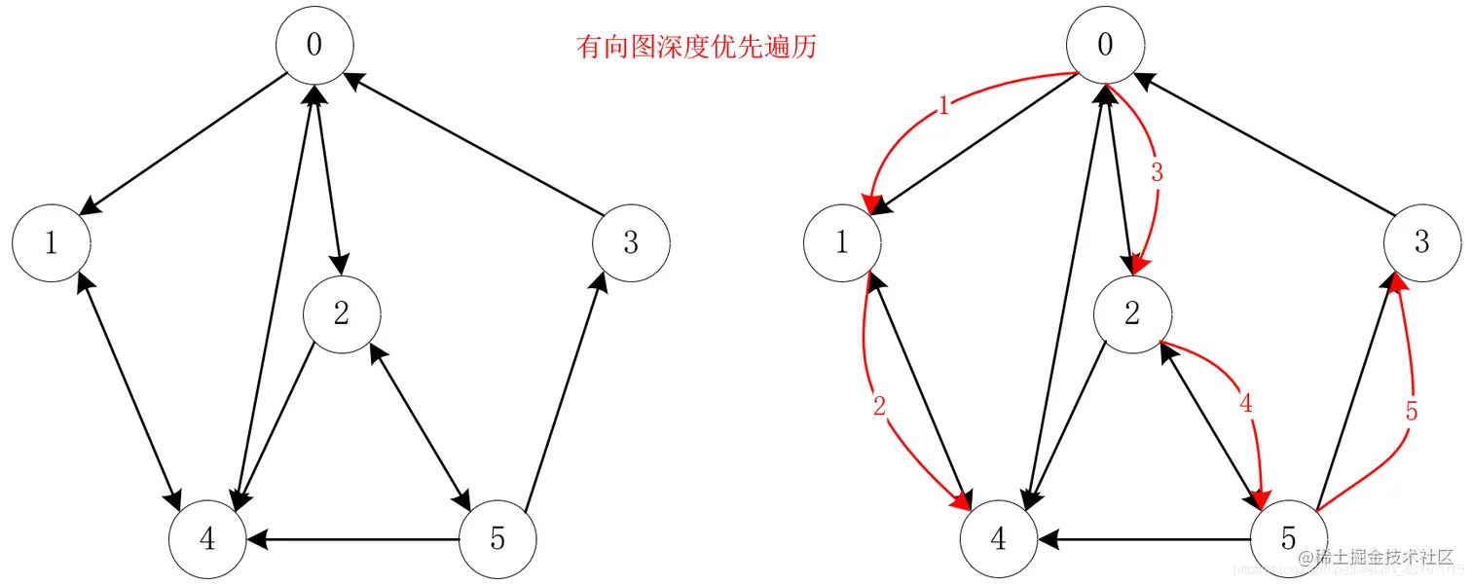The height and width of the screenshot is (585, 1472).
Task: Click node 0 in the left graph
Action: [x=313, y=47]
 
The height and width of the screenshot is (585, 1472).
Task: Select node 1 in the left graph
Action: [x=52, y=242]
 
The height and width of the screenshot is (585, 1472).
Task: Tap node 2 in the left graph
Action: [x=341, y=313]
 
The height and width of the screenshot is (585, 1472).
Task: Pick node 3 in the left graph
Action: [x=631, y=242]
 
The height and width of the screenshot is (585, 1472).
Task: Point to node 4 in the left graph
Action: [x=206, y=538]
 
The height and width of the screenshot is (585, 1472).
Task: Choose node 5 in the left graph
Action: [x=497, y=538]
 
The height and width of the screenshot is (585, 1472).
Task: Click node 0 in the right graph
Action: [x=1104, y=47]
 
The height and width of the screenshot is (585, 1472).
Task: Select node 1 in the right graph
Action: [x=842, y=242]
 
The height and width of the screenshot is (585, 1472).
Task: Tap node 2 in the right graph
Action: [x=1131, y=313]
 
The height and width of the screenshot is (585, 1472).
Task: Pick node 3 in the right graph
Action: [x=1421, y=242]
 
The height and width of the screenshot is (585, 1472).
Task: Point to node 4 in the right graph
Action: [x=998, y=538]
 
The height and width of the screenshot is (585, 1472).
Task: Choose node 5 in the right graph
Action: [x=1288, y=538]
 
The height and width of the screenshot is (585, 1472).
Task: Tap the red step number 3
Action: [x=1157, y=173]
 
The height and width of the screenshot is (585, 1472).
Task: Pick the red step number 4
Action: [x=1247, y=402]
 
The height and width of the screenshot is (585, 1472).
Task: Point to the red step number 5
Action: [x=1412, y=411]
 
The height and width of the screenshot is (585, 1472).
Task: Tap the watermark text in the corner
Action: [x=1382, y=559]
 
